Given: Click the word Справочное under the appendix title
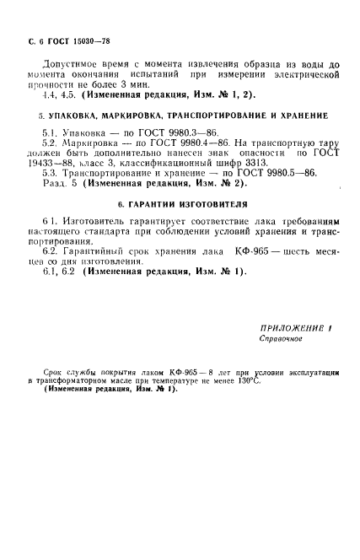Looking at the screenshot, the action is click(x=279, y=338).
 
